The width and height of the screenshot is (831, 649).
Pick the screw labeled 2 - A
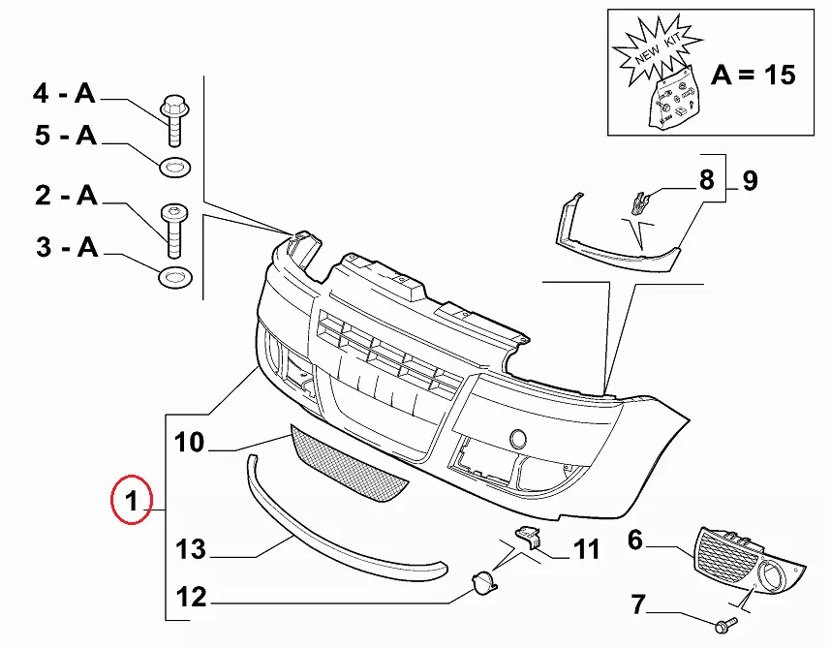point(173,229)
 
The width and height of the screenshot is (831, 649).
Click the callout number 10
point(190,443)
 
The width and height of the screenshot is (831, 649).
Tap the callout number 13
point(191,549)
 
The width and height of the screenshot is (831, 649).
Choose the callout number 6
point(635,540)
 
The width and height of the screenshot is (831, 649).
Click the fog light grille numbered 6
point(750,562)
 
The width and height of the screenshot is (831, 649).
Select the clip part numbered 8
point(638,202)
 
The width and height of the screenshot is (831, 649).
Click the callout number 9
point(750,179)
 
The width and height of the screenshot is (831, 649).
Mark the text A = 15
point(754,75)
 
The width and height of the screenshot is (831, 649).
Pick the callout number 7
point(637,605)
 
